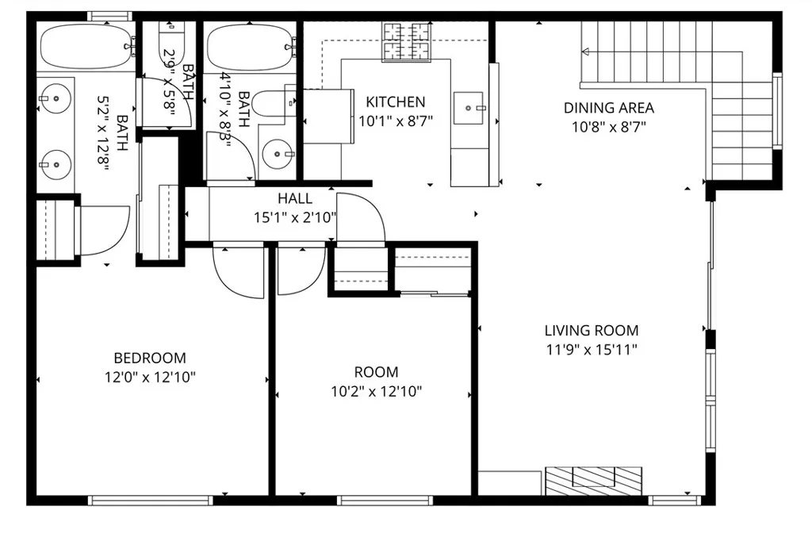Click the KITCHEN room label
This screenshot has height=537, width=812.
395,102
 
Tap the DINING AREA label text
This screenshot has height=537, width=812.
608,108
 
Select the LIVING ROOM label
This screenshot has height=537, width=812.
591,331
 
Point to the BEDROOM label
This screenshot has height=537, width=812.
150,358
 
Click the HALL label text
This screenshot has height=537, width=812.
294,198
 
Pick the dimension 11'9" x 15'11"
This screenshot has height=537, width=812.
591,349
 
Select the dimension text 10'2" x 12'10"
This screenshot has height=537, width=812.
376,390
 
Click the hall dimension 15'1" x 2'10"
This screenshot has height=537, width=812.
294,217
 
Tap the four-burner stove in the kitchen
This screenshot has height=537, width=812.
405,40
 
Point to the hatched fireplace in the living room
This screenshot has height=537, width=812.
593,480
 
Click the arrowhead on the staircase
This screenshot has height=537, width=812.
586,52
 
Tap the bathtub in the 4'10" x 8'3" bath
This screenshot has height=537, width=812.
248,47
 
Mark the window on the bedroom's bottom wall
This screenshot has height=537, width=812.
150,501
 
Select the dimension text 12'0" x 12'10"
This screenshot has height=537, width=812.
150,377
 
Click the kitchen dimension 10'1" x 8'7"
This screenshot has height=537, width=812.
395,121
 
